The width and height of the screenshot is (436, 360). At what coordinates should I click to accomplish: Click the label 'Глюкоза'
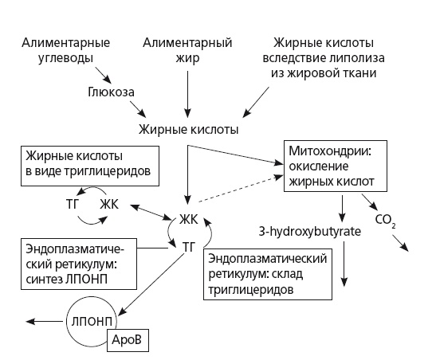coord(111,92)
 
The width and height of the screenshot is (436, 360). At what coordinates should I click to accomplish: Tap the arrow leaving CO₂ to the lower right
coord(399,241)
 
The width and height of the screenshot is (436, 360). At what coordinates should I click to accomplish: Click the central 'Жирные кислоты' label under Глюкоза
coord(188,127)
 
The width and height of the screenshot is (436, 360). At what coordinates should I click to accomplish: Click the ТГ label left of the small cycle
coord(71,204)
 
